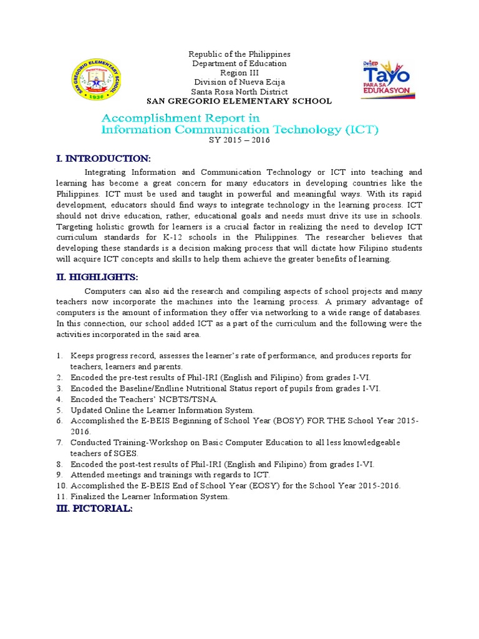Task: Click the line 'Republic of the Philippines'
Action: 239,54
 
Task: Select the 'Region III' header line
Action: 239,72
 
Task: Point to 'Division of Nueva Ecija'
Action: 239,82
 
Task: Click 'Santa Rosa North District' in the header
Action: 239,91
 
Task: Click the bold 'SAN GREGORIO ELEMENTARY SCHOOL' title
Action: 239,101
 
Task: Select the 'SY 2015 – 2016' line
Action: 239,140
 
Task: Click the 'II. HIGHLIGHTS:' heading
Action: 97,276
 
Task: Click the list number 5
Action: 59,410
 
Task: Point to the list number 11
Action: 61,497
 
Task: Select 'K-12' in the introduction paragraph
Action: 190,237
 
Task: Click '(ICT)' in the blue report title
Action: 360,130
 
